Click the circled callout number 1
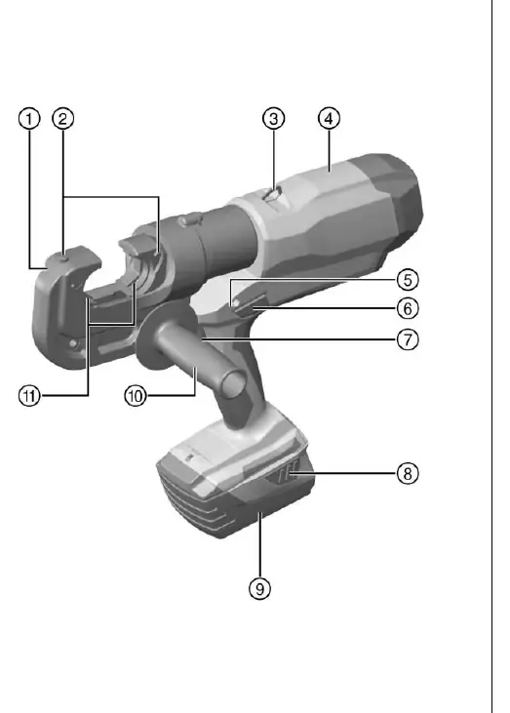click(29, 119)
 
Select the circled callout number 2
click(62, 119)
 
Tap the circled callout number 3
click(273, 119)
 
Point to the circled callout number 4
click(329, 119)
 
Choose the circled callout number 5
click(408, 280)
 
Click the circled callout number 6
click(408, 308)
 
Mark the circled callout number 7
click(408, 339)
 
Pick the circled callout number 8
click(408, 473)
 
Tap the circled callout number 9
click(259, 589)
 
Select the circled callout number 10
click(136, 396)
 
